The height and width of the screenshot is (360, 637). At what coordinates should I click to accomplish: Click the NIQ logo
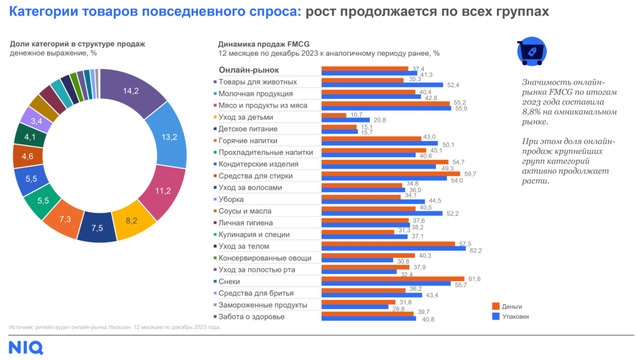[26, 346]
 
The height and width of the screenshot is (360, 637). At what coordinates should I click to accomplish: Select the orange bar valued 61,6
[393, 279]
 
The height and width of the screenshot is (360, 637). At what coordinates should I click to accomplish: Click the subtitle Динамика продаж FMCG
[263, 44]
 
